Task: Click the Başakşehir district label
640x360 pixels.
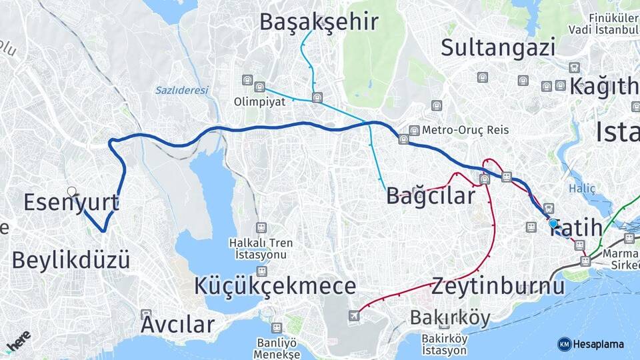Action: tap(319, 22)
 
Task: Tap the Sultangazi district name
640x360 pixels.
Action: tap(498, 47)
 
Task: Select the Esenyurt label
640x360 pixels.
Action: tap(71, 202)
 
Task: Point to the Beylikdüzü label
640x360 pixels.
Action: tap(71, 259)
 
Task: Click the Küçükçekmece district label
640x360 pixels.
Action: tap(275, 286)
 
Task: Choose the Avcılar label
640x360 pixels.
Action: tap(177, 325)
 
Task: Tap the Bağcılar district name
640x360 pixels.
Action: tap(431, 195)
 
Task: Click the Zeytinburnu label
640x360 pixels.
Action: tap(497, 286)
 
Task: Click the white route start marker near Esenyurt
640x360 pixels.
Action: tap(72, 191)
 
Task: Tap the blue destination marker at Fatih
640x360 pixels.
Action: tap(553, 223)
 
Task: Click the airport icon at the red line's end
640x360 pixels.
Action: tap(353, 315)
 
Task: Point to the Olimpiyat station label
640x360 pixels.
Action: tap(259, 102)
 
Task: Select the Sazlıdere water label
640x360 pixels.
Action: tap(182, 90)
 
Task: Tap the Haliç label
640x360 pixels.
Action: tap(581, 189)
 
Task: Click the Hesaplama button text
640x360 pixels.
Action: tap(599, 344)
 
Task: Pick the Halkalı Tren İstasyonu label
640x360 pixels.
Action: tap(261, 248)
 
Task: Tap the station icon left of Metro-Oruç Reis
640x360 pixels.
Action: tap(414, 131)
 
